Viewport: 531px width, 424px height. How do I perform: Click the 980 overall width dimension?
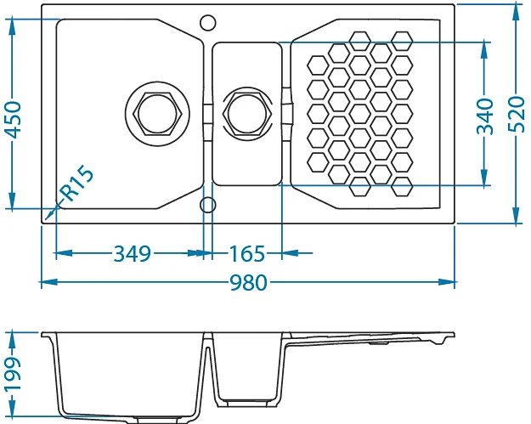[x=249, y=282]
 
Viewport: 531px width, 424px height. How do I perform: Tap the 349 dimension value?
[x=132, y=254]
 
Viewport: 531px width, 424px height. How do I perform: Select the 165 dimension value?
[x=247, y=254]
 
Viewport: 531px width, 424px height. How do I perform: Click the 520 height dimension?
[x=517, y=114]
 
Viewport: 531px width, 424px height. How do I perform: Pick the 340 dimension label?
[x=485, y=116]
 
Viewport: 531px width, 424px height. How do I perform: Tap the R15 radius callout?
[x=77, y=184]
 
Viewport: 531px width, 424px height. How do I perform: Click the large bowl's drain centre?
[x=157, y=114]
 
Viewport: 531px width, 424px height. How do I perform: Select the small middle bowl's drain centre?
[x=247, y=114]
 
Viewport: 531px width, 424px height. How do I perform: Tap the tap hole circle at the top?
[x=207, y=23]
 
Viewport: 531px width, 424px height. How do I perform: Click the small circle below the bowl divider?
[x=207, y=205]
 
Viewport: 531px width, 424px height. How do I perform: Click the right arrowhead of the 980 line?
[x=447, y=282]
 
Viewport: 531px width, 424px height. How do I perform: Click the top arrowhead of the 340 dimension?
[x=484, y=51]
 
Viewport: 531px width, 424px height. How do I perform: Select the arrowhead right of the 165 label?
[x=290, y=252]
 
